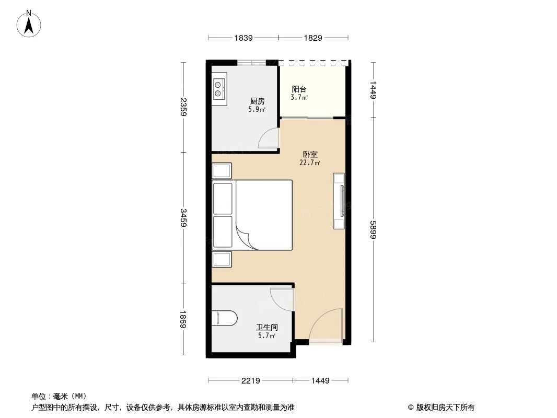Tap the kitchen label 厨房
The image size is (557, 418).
[x=257, y=101]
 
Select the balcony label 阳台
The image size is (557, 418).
[x=299, y=89]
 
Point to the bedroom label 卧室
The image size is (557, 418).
[x=310, y=155]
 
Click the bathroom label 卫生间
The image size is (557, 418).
[x=266, y=327]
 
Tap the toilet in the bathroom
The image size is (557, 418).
[x=224, y=317]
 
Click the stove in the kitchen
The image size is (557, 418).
[x=219, y=89]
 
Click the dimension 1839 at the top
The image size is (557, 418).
[x=243, y=38]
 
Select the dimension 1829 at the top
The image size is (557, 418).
[x=312, y=38]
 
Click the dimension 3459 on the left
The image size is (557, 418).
[x=183, y=218]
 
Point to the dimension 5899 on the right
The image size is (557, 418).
[x=373, y=229]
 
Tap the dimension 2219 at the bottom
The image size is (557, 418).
[x=251, y=381]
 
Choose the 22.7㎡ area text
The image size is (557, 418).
[x=309, y=163]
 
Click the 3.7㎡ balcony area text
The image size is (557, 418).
[x=299, y=97]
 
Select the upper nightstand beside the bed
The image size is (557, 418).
[x=222, y=171]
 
